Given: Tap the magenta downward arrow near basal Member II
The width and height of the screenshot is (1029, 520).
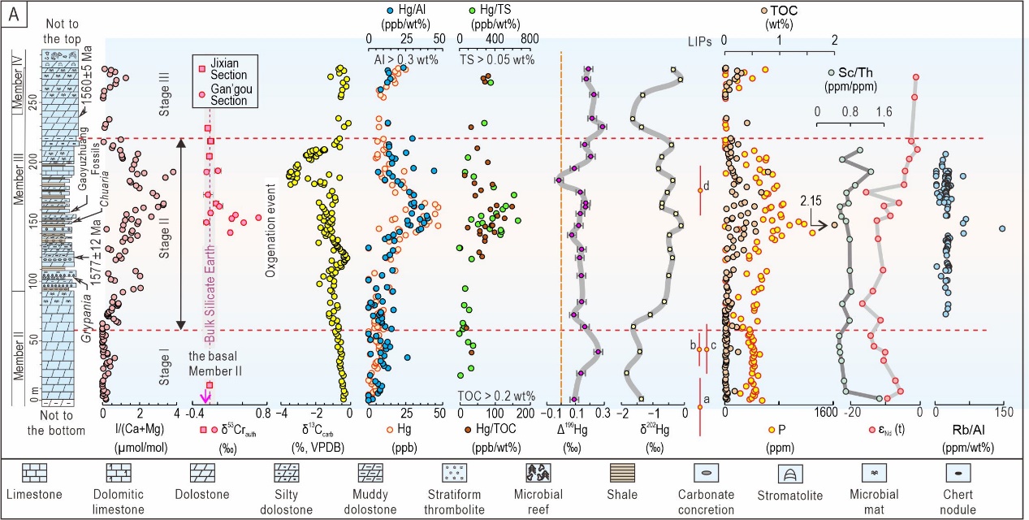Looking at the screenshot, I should [206, 396].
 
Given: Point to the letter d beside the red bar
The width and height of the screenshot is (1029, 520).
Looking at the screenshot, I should [707, 185].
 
